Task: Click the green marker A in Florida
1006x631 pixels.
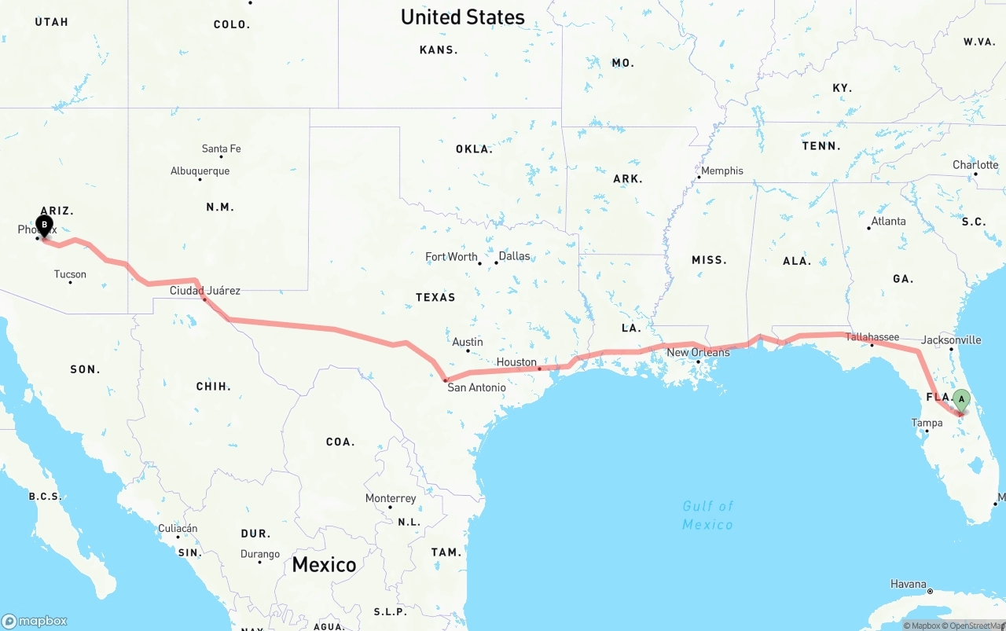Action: (x=961, y=401)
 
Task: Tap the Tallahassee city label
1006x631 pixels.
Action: (x=872, y=337)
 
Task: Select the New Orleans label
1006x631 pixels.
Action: (x=698, y=352)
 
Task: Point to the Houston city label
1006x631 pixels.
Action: (x=516, y=362)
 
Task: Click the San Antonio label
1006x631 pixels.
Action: (x=476, y=387)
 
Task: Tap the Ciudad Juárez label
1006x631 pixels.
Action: (x=205, y=291)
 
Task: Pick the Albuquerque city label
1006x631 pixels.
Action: (x=200, y=171)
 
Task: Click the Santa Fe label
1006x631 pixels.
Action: (x=221, y=149)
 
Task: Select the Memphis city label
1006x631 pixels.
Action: (x=721, y=171)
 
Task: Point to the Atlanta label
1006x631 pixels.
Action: (x=888, y=221)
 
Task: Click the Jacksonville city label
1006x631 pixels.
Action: (x=951, y=340)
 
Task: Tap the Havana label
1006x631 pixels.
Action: (x=909, y=584)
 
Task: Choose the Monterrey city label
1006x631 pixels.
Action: (x=391, y=498)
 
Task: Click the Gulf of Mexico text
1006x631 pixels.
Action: (x=707, y=515)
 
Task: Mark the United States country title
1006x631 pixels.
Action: (x=462, y=17)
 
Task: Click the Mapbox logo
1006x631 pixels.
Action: (x=35, y=621)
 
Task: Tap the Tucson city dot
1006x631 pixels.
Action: (x=70, y=282)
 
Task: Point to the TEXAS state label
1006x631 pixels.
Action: (x=435, y=297)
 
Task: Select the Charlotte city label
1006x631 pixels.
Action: (x=975, y=165)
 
